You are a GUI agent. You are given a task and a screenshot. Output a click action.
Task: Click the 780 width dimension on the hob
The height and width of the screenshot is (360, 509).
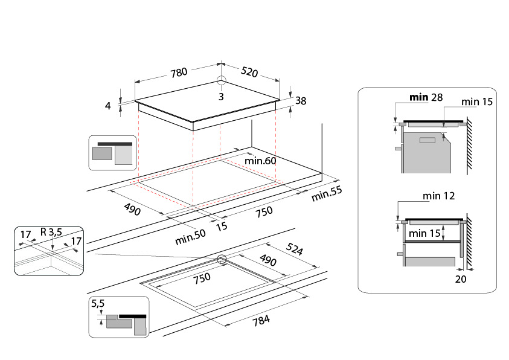[179, 72]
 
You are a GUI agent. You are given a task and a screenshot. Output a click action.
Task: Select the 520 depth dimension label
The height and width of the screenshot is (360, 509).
[249, 72]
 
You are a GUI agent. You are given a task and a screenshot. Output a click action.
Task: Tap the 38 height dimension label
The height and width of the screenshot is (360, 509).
[301, 101]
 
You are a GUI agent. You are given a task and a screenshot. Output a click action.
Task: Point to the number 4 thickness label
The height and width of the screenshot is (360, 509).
[108, 106]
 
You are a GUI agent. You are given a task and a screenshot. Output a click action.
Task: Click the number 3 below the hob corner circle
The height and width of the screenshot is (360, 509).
[221, 97]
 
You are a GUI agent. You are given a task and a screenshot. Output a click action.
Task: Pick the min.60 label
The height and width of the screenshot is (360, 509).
[260, 161]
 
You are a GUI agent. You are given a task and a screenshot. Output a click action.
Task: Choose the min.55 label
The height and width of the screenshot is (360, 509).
[327, 193]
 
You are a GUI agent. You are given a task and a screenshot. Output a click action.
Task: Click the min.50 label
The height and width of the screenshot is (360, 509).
[190, 237]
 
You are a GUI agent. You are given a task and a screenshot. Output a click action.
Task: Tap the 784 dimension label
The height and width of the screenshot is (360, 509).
[261, 321]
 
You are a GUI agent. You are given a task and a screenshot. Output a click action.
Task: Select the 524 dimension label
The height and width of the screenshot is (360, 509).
[295, 249]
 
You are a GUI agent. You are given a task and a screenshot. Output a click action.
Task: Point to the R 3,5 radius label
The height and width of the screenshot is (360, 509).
[51, 232]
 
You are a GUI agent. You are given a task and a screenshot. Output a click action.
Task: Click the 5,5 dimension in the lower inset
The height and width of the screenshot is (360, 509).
[98, 303]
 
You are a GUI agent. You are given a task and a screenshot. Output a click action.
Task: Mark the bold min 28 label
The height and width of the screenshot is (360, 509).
[426, 97]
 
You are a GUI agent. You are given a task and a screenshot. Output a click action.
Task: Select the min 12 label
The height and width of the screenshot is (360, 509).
[438, 196]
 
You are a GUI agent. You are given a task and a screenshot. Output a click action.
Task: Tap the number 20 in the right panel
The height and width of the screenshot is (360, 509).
[461, 279]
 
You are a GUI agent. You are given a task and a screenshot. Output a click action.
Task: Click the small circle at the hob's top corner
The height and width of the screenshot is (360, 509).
[222, 80]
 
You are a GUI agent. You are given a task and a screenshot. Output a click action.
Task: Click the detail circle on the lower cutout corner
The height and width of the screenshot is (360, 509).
[222, 259]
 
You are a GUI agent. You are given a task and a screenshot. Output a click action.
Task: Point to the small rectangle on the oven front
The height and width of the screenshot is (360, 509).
[427, 141]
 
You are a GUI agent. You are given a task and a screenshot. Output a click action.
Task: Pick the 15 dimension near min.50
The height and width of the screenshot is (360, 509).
[222, 227]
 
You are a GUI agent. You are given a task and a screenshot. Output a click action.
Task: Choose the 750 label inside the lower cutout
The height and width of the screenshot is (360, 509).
[202, 278]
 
